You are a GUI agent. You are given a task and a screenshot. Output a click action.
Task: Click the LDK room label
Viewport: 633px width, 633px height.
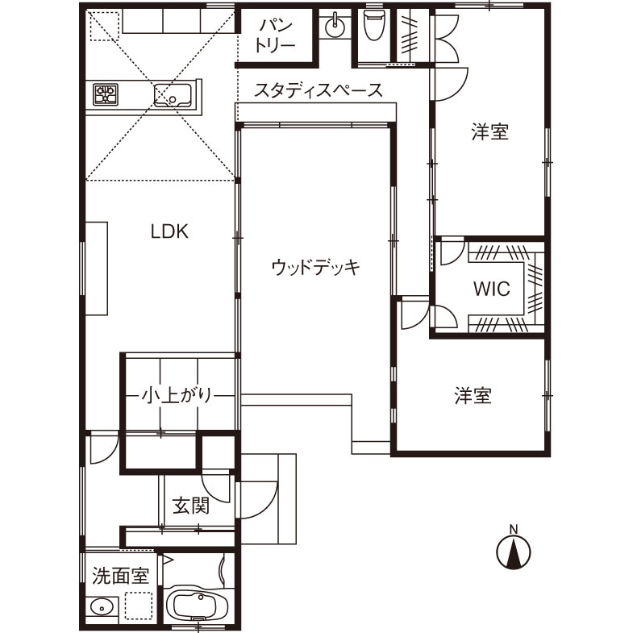(169, 232)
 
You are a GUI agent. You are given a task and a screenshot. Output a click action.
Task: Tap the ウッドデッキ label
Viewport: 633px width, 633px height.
(314, 267)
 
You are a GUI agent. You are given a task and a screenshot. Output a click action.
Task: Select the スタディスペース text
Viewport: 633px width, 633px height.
(318, 90)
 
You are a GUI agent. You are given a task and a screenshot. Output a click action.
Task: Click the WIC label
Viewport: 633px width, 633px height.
(491, 289)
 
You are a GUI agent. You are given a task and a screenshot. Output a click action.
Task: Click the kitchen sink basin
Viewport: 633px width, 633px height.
(173, 96)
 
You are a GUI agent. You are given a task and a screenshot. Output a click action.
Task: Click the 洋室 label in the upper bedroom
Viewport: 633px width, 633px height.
(489, 132)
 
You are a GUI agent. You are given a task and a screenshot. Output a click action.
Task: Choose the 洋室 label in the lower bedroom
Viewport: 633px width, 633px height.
(473, 396)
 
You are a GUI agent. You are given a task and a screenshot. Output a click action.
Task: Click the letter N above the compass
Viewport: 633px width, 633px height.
(513, 530)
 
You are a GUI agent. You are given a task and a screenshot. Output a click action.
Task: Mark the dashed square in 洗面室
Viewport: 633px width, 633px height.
(137, 605)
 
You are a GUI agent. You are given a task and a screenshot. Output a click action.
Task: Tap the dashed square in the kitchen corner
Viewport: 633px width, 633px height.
(102, 27)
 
